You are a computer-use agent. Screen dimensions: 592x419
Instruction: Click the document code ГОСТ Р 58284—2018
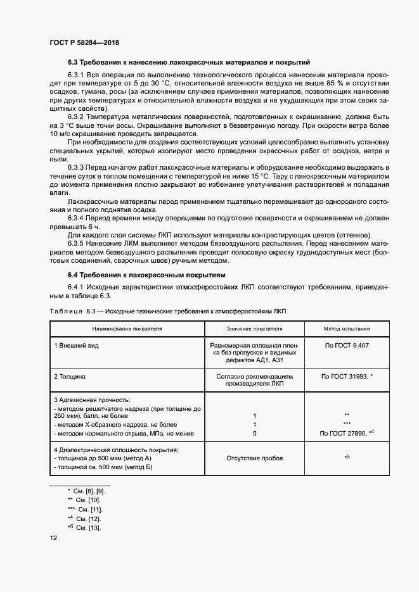(x=84, y=42)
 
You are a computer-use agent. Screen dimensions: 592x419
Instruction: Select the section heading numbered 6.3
(x=188, y=63)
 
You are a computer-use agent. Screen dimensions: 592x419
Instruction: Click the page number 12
(x=53, y=538)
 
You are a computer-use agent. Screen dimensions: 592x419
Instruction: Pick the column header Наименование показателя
(x=127, y=329)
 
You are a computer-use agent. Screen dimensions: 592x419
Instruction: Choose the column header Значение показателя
(x=254, y=329)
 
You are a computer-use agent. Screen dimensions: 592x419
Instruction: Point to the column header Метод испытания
(x=347, y=329)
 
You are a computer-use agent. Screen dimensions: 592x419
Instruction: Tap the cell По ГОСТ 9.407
(x=347, y=346)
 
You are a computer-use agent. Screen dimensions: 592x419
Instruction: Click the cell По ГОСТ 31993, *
(x=347, y=376)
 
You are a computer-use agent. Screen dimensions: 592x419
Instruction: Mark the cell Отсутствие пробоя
(x=254, y=458)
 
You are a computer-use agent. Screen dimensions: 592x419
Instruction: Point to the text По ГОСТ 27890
(x=343, y=433)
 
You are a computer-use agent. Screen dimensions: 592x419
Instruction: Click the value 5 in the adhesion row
(x=254, y=433)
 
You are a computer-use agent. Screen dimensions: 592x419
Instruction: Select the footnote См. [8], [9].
(x=85, y=491)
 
